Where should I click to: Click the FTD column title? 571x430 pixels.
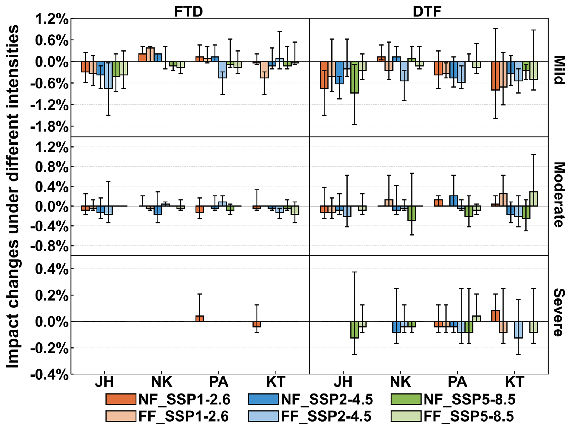click(x=188, y=11)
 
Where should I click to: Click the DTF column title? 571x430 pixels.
click(x=427, y=11)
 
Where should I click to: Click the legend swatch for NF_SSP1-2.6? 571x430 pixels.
click(x=121, y=399)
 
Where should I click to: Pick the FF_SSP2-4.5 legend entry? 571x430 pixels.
click(x=326, y=416)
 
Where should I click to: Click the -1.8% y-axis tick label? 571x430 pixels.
click(x=49, y=127)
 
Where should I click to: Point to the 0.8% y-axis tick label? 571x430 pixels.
click(x=52, y=167)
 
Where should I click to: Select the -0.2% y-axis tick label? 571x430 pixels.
click(x=49, y=349)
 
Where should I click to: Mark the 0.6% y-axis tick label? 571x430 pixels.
click(x=52, y=40)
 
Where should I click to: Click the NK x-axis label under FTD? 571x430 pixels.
click(x=161, y=382)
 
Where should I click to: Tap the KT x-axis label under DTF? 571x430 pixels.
click(x=515, y=382)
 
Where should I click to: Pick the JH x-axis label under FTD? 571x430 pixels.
click(x=104, y=382)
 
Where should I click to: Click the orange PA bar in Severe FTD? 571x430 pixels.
click(x=199, y=319)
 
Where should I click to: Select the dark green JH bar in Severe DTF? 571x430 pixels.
click(x=355, y=330)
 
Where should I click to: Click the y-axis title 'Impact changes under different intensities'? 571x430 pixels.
click(x=13, y=196)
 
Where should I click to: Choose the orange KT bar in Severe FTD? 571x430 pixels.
click(x=257, y=324)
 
